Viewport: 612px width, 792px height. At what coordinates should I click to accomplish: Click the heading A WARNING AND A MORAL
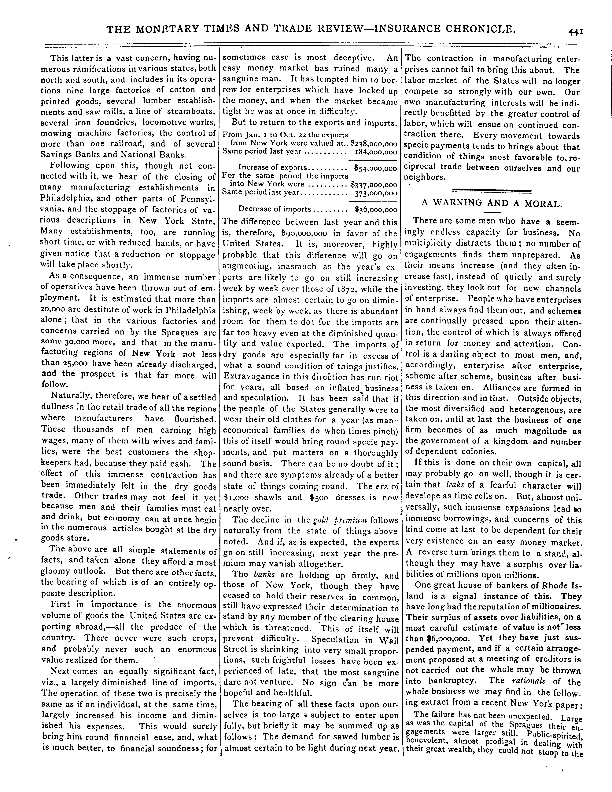492,203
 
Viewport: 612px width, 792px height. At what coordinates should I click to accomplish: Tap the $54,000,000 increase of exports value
375,169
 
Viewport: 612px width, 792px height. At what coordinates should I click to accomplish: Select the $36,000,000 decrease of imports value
376,210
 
